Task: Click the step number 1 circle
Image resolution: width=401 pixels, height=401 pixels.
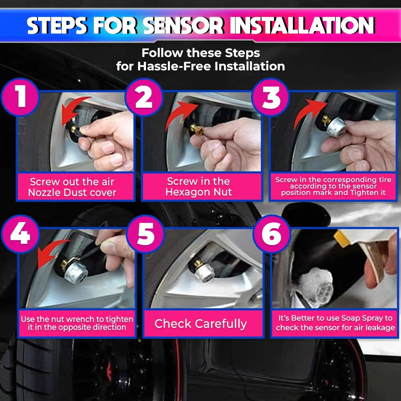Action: (x=20, y=97)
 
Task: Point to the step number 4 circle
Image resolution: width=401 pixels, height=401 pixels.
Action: (x=20, y=234)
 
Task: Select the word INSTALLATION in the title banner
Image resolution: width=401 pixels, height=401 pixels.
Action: (x=302, y=26)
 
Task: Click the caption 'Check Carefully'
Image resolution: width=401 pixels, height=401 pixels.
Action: (x=200, y=324)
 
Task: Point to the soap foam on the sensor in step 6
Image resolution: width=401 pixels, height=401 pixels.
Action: (x=315, y=283)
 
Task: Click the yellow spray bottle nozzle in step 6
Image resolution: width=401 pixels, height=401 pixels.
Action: (x=342, y=238)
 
